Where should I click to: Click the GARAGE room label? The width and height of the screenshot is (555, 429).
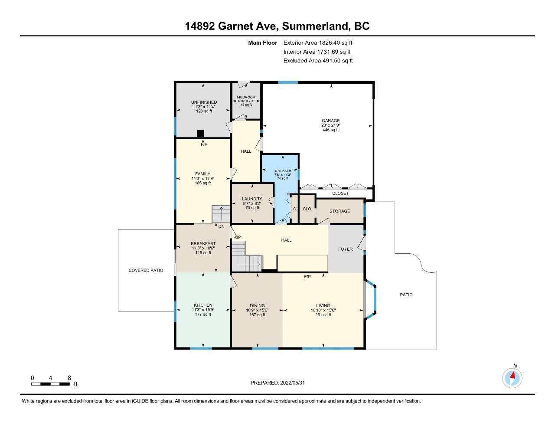click(x=330, y=121)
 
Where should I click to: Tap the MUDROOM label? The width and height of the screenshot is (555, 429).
click(x=246, y=97)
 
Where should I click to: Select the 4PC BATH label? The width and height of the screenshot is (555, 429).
click(x=283, y=171)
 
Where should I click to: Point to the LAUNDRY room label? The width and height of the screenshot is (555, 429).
click(x=252, y=199)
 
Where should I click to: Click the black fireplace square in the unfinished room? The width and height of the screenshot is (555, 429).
click(x=200, y=134)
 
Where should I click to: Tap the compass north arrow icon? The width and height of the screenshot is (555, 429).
click(x=512, y=378)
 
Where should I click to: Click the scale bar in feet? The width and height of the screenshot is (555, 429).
click(x=50, y=384)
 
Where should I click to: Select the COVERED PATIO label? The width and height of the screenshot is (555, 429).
click(x=146, y=270)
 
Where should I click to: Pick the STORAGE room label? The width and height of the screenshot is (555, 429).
click(x=340, y=211)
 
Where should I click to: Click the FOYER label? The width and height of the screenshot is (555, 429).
click(x=345, y=249)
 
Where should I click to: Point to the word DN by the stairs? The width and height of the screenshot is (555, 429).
click(x=222, y=226)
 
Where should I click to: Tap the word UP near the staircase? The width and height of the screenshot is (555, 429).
click(x=238, y=237)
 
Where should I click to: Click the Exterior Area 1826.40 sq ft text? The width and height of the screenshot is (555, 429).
click(x=318, y=43)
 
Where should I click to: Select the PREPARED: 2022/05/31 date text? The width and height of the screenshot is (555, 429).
click(x=277, y=383)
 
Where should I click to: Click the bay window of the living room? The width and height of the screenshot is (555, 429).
click(x=370, y=299)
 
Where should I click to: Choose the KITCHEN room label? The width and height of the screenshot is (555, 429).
click(x=203, y=305)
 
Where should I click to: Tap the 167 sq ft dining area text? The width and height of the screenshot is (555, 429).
click(x=257, y=315)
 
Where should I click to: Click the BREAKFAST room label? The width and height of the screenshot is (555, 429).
click(x=203, y=243)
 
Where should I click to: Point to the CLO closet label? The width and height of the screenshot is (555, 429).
click(x=307, y=209)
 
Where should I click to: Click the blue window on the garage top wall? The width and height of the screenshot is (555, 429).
click(x=288, y=82)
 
